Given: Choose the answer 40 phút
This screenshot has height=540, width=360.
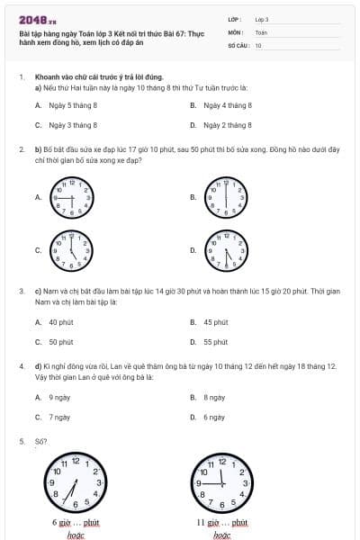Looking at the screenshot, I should [60, 322].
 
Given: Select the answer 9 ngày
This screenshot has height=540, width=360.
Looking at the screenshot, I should [59, 397].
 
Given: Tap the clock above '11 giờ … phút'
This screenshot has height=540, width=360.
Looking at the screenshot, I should [220, 486].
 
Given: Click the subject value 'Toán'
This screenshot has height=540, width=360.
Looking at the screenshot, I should [261, 31].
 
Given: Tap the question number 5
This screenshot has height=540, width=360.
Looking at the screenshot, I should [21, 441].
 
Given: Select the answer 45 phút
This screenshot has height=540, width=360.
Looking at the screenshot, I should [215, 322].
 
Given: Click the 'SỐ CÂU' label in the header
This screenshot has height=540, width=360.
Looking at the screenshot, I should [238, 44].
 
